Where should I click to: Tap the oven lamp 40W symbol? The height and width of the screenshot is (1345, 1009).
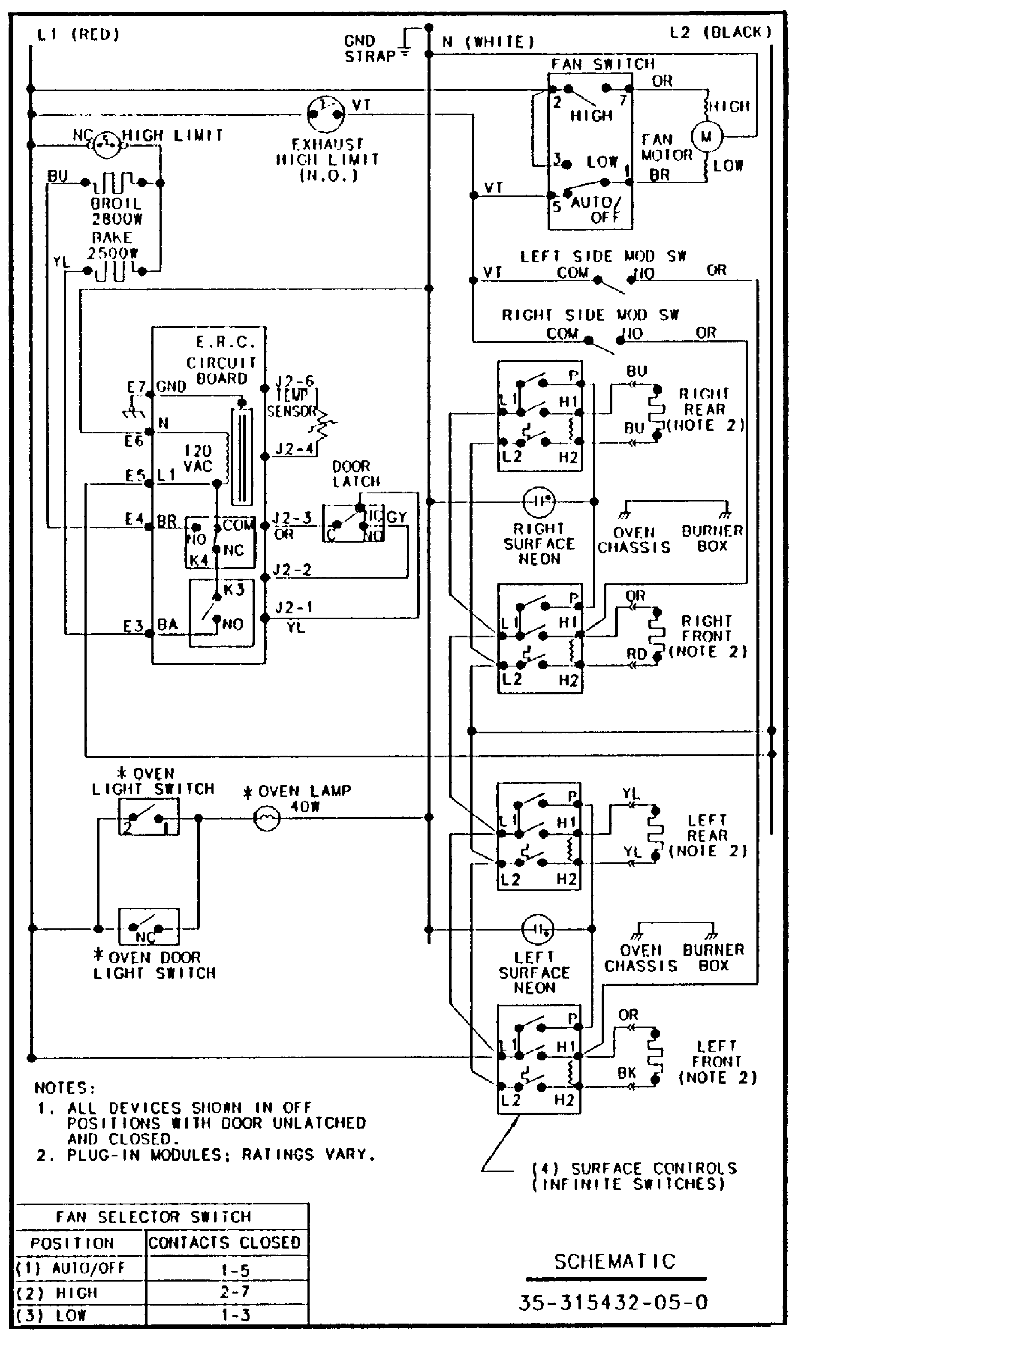pyautogui.click(x=266, y=818)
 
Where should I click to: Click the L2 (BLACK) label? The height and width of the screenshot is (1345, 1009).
pyautogui.click(x=721, y=32)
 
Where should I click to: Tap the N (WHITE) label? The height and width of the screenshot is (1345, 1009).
pyautogui.click(x=488, y=42)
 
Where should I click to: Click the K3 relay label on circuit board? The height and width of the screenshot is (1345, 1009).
pyautogui.click(x=234, y=589)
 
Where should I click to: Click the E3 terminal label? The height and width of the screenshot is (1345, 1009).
pyautogui.click(x=133, y=626)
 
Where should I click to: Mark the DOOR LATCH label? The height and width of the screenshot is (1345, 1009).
pyautogui.click(x=356, y=474)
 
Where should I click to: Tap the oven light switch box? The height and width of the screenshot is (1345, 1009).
pyautogui.click(x=148, y=817)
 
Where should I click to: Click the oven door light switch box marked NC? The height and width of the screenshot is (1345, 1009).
pyautogui.click(x=148, y=927)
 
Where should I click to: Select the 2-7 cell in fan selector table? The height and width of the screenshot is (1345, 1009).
pyautogui.click(x=234, y=1291)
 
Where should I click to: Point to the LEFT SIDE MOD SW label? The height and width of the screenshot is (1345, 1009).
pyautogui.click(x=603, y=256)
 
